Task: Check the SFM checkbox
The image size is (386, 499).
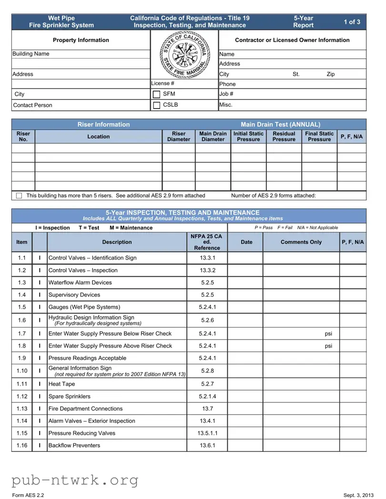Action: (156, 94)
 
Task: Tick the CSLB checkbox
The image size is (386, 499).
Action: (156, 105)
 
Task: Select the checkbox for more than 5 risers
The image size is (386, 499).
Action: (19, 196)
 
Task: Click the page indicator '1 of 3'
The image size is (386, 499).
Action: (352, 22)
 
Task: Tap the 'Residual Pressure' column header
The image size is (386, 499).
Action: (284, 137)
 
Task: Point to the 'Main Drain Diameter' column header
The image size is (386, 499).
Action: (213, 137)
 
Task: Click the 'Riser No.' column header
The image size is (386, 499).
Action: (23, 137)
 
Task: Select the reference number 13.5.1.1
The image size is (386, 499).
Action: (207, 433)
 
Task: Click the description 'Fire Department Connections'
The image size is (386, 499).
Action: (85, 409)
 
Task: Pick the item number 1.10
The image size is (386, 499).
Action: (22, 371)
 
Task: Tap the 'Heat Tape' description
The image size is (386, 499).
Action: (61, 384)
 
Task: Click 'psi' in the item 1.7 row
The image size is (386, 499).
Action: (328, 334)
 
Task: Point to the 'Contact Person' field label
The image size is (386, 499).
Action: (33, 105)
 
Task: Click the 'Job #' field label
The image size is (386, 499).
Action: (226, 94)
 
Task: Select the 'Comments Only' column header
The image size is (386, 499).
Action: (301, 242)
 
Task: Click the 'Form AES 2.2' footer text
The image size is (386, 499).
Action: (28, 495)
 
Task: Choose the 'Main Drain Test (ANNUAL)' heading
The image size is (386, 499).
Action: (280, 124)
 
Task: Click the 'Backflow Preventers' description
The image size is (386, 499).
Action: (74, 446)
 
